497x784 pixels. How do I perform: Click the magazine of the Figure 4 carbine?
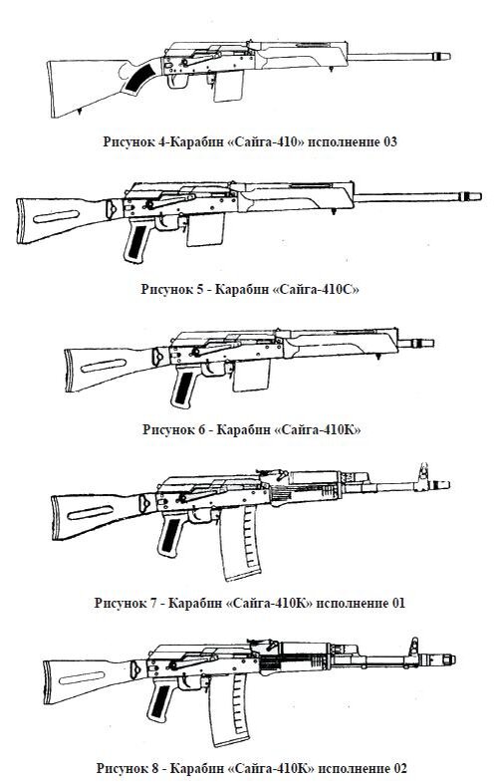pos(228,86)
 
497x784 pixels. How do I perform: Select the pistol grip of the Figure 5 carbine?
pos(136,241)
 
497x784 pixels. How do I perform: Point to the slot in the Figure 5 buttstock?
pos(56,216)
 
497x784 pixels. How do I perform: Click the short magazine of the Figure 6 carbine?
pos(251,375)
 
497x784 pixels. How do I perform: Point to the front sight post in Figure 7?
pos(423,473)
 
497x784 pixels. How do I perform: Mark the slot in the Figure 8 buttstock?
pos(82,677)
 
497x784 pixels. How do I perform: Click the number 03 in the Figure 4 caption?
pos(389,142)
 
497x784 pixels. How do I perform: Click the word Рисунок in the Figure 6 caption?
pos(166,430)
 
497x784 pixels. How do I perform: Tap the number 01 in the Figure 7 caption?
pos(398,603)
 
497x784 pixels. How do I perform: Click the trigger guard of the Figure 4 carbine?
pos(177,80)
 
